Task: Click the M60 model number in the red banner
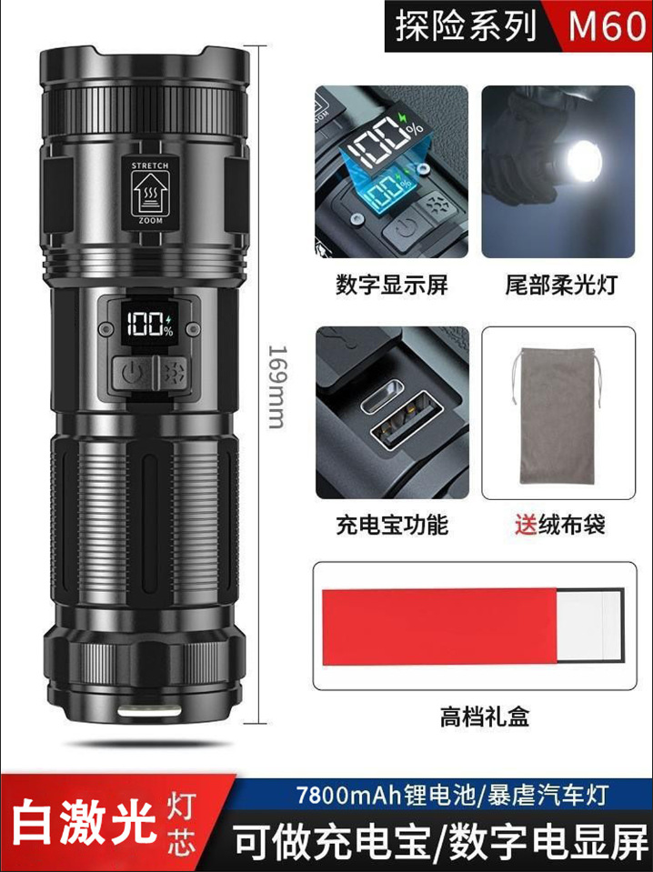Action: point(607,26)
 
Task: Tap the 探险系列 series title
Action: point(466,26)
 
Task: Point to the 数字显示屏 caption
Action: point(381,286)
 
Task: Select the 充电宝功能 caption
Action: point(381,525)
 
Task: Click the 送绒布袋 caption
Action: point(558,525)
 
